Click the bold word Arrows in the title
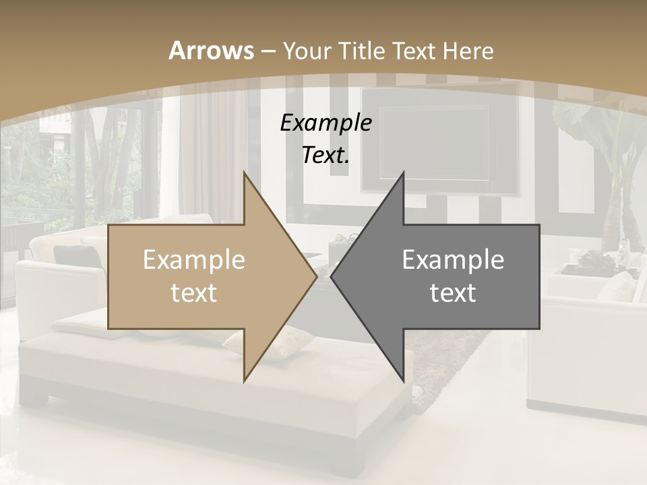click(211, 51)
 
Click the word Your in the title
click(307, 51)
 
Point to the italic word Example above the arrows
click(326, 123)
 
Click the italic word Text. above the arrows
click(326, 155)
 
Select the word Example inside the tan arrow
click(194, 259)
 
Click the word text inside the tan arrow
click(194, 293)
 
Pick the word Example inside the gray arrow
click(453, 259)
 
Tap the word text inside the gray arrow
click(453, 293)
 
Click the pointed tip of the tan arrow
click(316, 276)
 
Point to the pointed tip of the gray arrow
click(332, 276)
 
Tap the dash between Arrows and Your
click(268, 51)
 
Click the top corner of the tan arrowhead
click(244, 172)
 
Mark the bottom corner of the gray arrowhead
click(403, 381)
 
